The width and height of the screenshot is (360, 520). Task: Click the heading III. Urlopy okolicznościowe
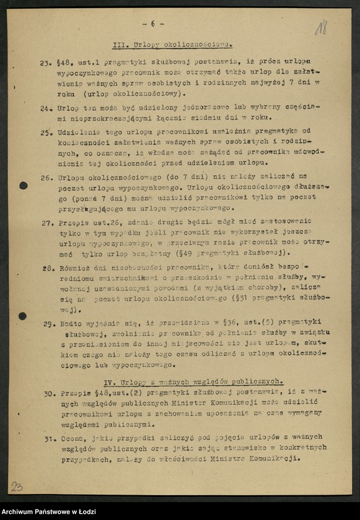[x=172, y=45]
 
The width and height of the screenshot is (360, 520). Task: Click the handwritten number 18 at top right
[x=320, y=27]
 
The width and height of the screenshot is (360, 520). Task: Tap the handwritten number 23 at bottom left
[x=17, y=487]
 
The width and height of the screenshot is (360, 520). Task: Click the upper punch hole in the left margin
[x=23, y=185]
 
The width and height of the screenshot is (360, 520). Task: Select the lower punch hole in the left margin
[x=23, y=316]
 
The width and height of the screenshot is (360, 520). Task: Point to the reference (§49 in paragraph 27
[x=192, y=253]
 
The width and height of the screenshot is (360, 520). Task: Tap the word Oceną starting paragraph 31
[x=72, y=440]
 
